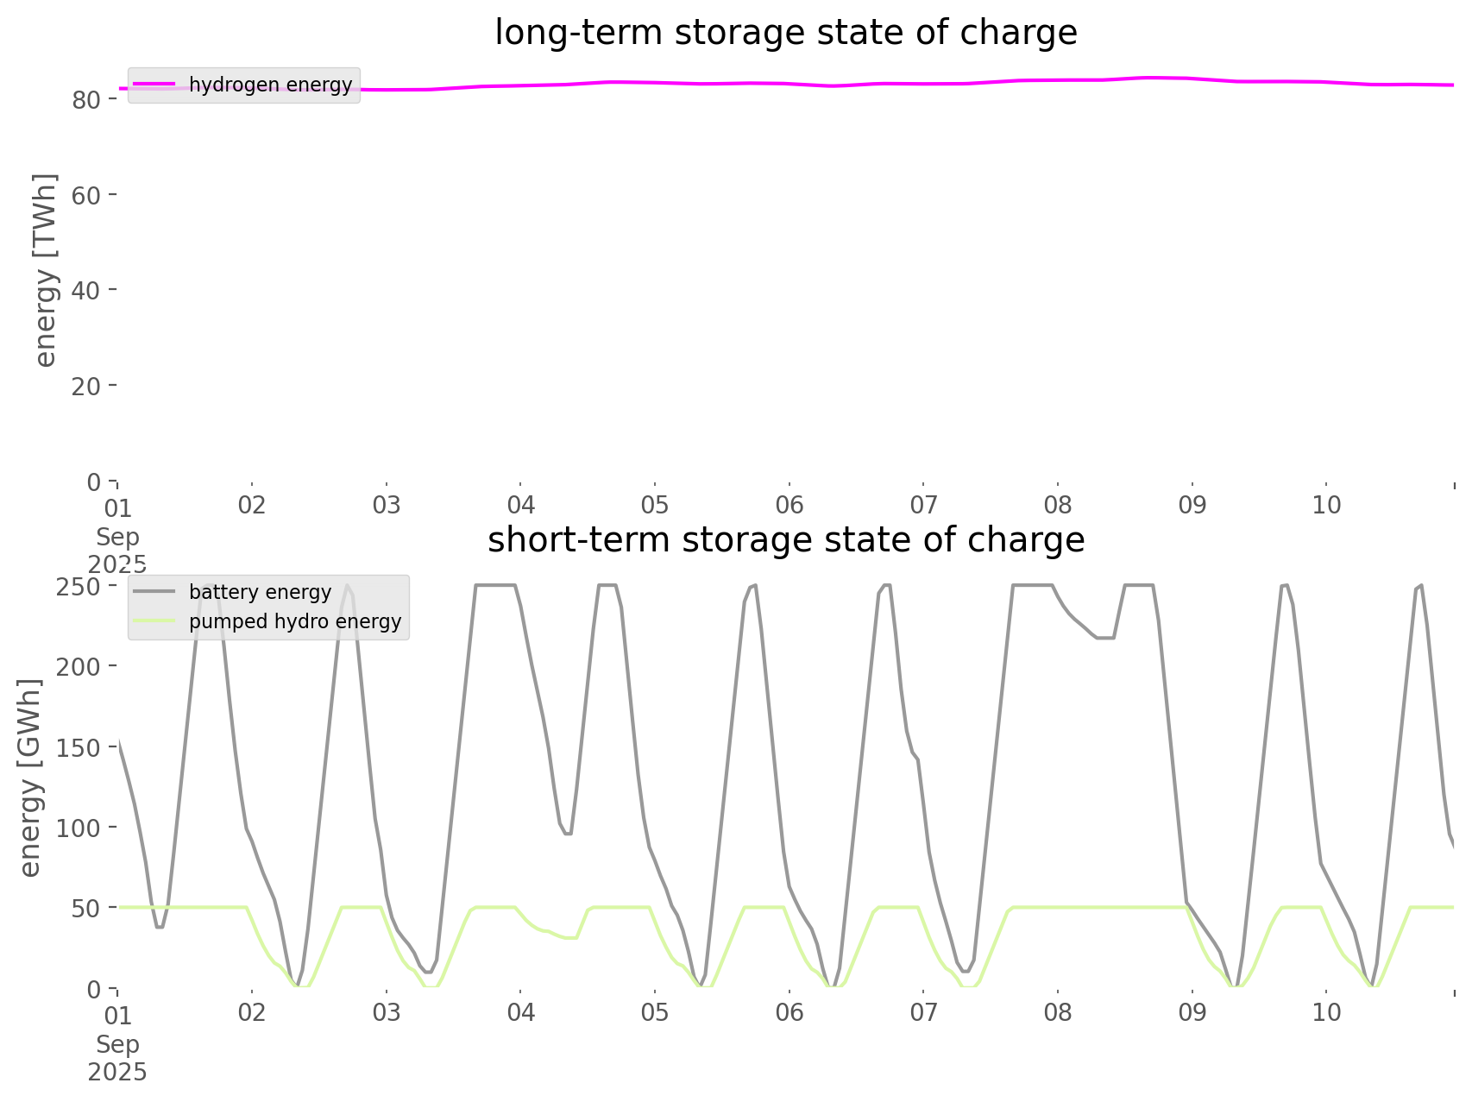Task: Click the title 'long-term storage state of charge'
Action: click(785, 33)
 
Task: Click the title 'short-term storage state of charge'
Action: click(785, 540)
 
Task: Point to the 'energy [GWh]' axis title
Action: click(30, 778)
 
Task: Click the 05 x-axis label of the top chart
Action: click(655, 505)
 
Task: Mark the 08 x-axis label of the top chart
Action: click(1058, 505)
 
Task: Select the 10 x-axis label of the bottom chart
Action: click(1326, 1012)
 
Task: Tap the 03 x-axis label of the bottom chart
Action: click(387, 1012)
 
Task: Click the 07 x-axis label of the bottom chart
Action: click(923, 1012)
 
